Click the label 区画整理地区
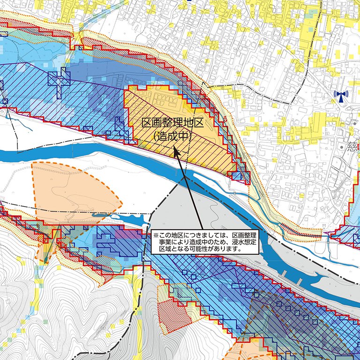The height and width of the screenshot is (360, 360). coord(173,124)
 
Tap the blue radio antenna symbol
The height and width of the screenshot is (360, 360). coord(341,96)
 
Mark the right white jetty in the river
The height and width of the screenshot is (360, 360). coord(300,281)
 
